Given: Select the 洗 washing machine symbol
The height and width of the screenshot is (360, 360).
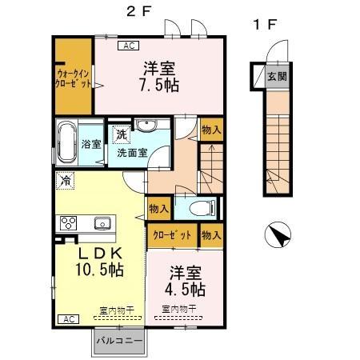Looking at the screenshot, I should [120, 134].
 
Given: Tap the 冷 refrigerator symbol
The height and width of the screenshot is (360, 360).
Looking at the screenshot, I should [65, 181].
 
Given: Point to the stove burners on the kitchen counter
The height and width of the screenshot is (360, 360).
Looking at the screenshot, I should [65, 222].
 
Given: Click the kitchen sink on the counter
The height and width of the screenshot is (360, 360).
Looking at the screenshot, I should [102, 223].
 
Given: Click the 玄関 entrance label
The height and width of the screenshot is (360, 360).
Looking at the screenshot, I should [277, 77].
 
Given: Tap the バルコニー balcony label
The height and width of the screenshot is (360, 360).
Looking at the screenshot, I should [119, 341].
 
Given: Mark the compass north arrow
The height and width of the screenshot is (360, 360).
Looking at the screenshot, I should [278, 237].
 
